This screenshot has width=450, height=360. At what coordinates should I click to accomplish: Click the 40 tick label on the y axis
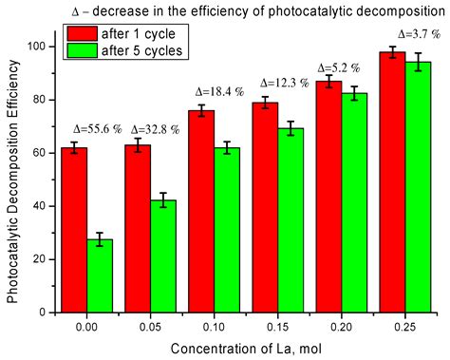click(x=44, y=206)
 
